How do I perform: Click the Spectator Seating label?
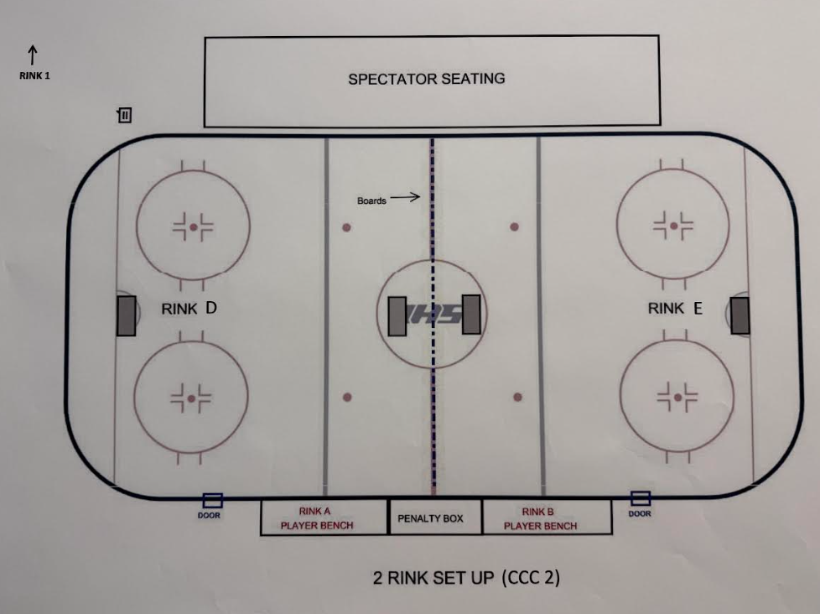click(x=426, y=79)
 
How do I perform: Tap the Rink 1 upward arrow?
click(x=33, y=55)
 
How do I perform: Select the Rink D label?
click(x=189, y=309)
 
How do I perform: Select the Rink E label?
click(x=675, y=309)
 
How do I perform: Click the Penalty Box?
click(x=430, y=518)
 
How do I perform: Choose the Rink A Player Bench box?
click(x=324, y=518)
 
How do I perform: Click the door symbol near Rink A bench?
click(x=213, y=501)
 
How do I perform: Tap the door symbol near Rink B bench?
click(x=641, y=499)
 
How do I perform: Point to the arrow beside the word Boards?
click(x=404, y=198)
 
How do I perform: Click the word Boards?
click(x=371, y=201)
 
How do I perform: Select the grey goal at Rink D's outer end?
click(x=126, y=315)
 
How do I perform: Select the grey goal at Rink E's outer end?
click(x=740, y=315)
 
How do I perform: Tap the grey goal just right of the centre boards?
click(x=471, y=315)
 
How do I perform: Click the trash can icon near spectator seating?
click(x=125, y=115)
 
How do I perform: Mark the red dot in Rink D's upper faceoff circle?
click(x=193, y=226)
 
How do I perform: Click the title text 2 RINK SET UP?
click(x=433, y=578)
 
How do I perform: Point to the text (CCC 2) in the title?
click(x=531, y=578)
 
